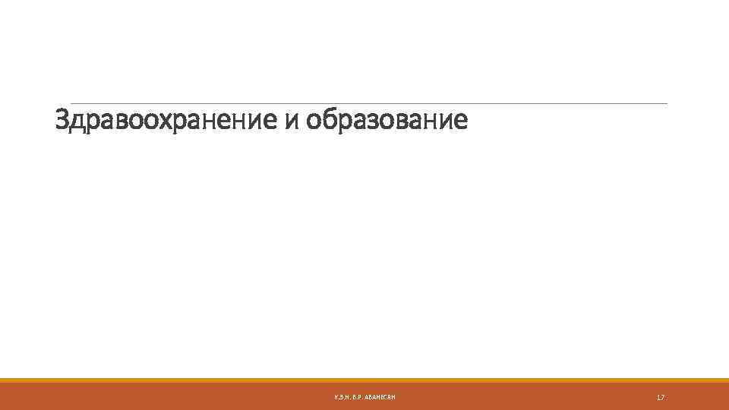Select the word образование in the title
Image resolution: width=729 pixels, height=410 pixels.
(387, 120)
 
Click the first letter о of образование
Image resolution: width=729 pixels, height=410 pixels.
(314, 121)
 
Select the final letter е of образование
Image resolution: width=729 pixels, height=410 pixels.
(460, 121)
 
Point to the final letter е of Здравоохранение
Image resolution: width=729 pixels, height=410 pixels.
(271, 121)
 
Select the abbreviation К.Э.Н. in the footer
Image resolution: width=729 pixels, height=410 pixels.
(342, 398)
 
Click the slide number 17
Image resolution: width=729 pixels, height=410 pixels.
(661, 398)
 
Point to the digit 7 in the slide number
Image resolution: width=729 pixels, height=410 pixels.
(663, 398)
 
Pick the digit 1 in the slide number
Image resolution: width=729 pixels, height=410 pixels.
(658, 398)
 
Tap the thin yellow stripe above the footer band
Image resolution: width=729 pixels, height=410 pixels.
(364, 380)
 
